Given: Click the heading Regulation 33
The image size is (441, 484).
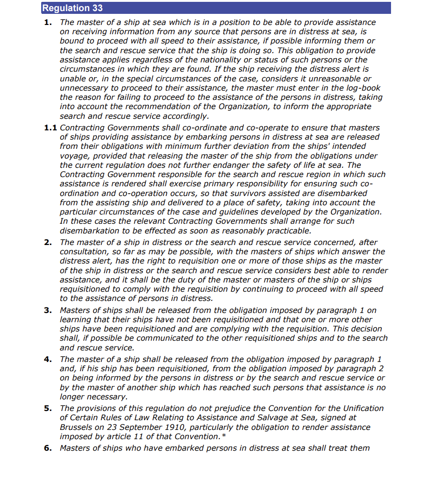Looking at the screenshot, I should pos(72,8).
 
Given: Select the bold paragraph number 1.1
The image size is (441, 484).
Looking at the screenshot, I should pos(50,128).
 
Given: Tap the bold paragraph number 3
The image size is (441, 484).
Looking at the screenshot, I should pos(48,310).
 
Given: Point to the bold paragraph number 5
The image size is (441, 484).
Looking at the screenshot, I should pos(48,408).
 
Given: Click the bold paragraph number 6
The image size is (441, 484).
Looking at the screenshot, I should pos(48,448).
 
